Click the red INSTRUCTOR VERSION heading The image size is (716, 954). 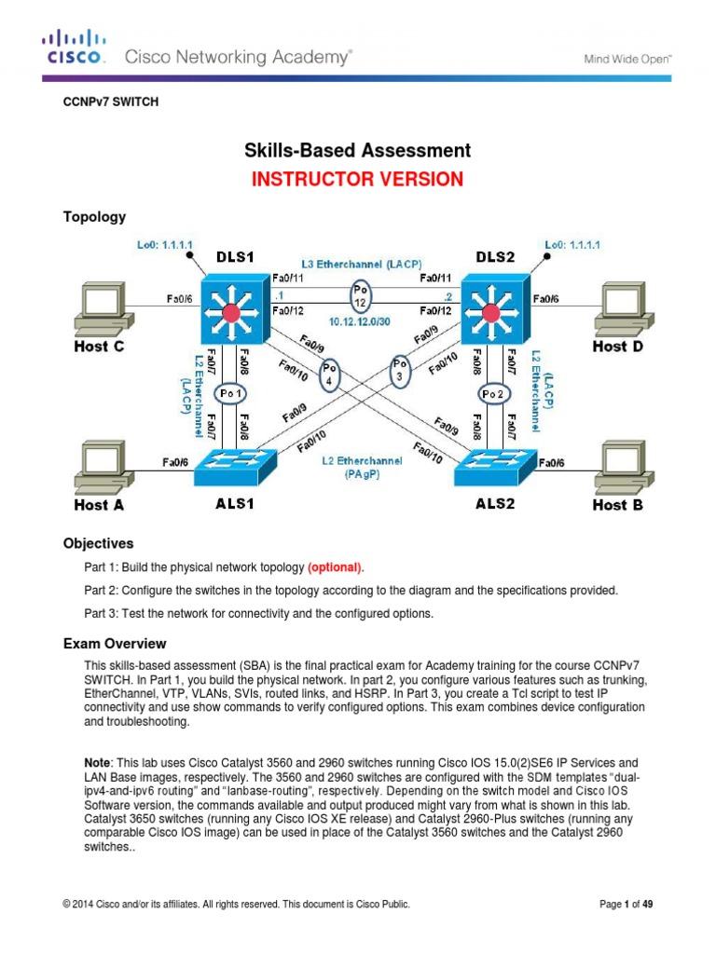coord(357,180)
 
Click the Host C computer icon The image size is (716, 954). coord(102,307)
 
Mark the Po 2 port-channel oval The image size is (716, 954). coord(494,393)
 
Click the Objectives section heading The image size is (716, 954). coord(98,543)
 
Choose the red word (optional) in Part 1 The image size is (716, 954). coord(336,567)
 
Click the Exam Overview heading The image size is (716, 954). coord(115,644)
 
